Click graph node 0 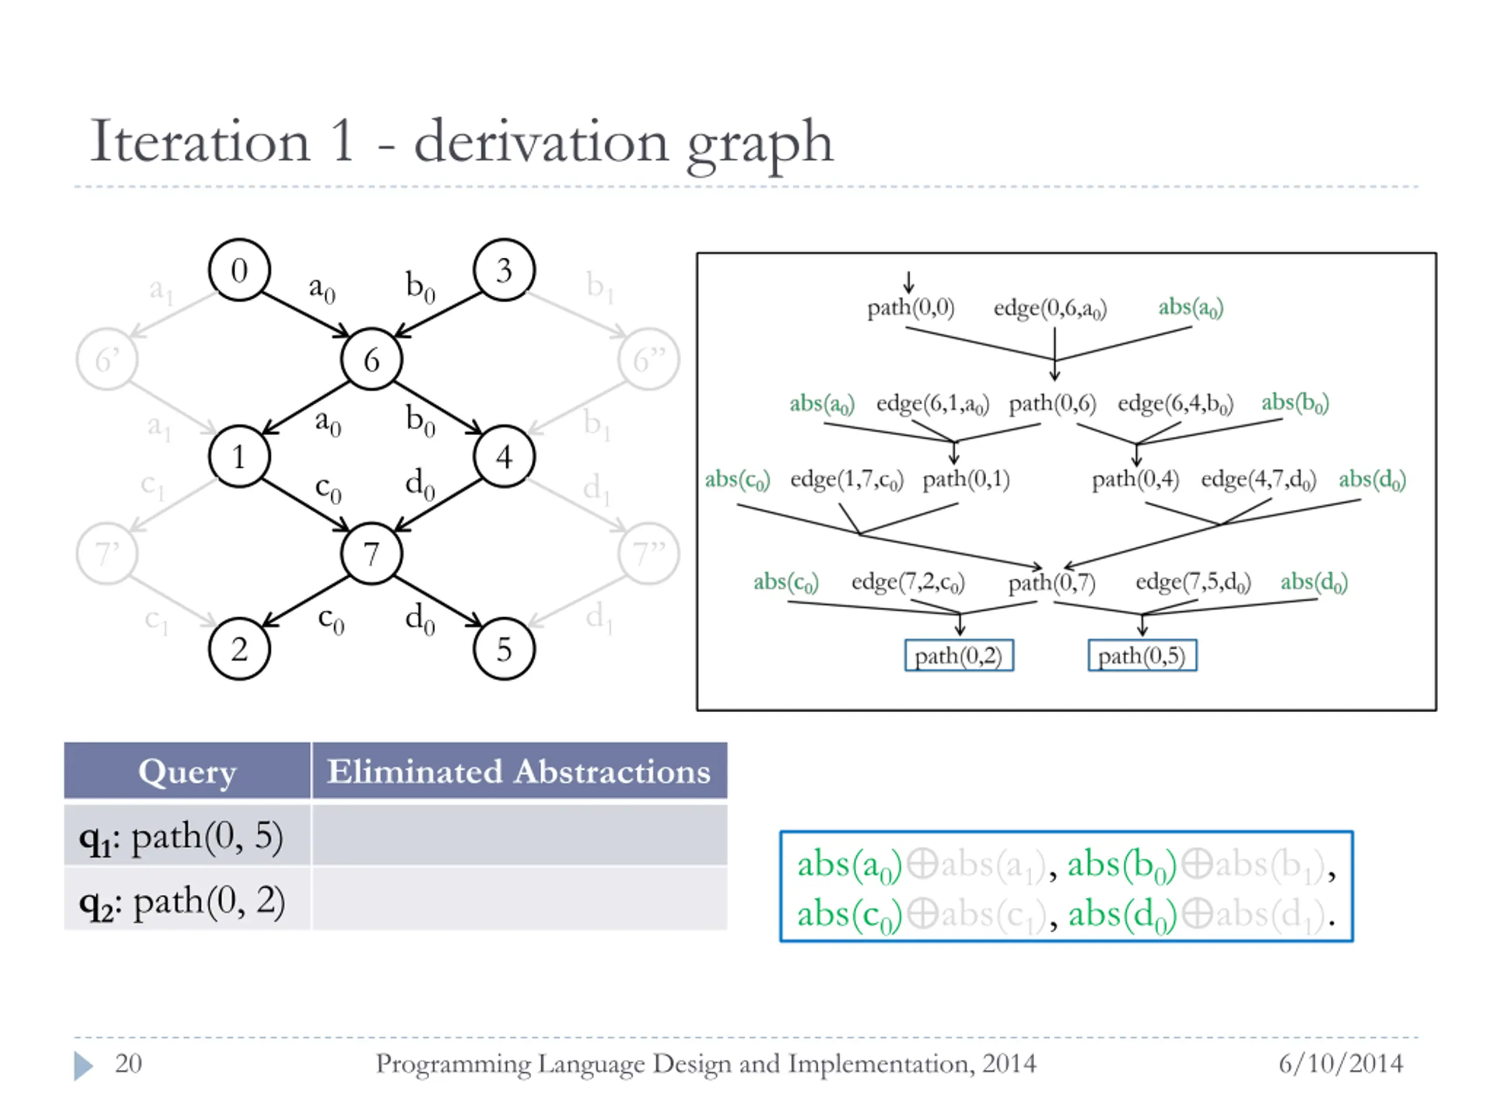(x=240, y=270)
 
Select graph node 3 (x=504, y=270)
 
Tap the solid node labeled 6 (x=372, y=359)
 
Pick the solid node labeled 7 (x=372, y=554)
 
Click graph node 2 (x=240, y=649)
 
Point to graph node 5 (x=504, y=649)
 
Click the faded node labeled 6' (x=107, y=359)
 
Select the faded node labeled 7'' (x=649, y=554)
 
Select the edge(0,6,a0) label (x=1050, y=309)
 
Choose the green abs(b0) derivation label (x=1295, y=403)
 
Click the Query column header (x=187, y=771)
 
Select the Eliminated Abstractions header (x=518, y=771)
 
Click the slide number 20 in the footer (x=128, y=1063)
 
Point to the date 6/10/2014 (x=1340, y=1063)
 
